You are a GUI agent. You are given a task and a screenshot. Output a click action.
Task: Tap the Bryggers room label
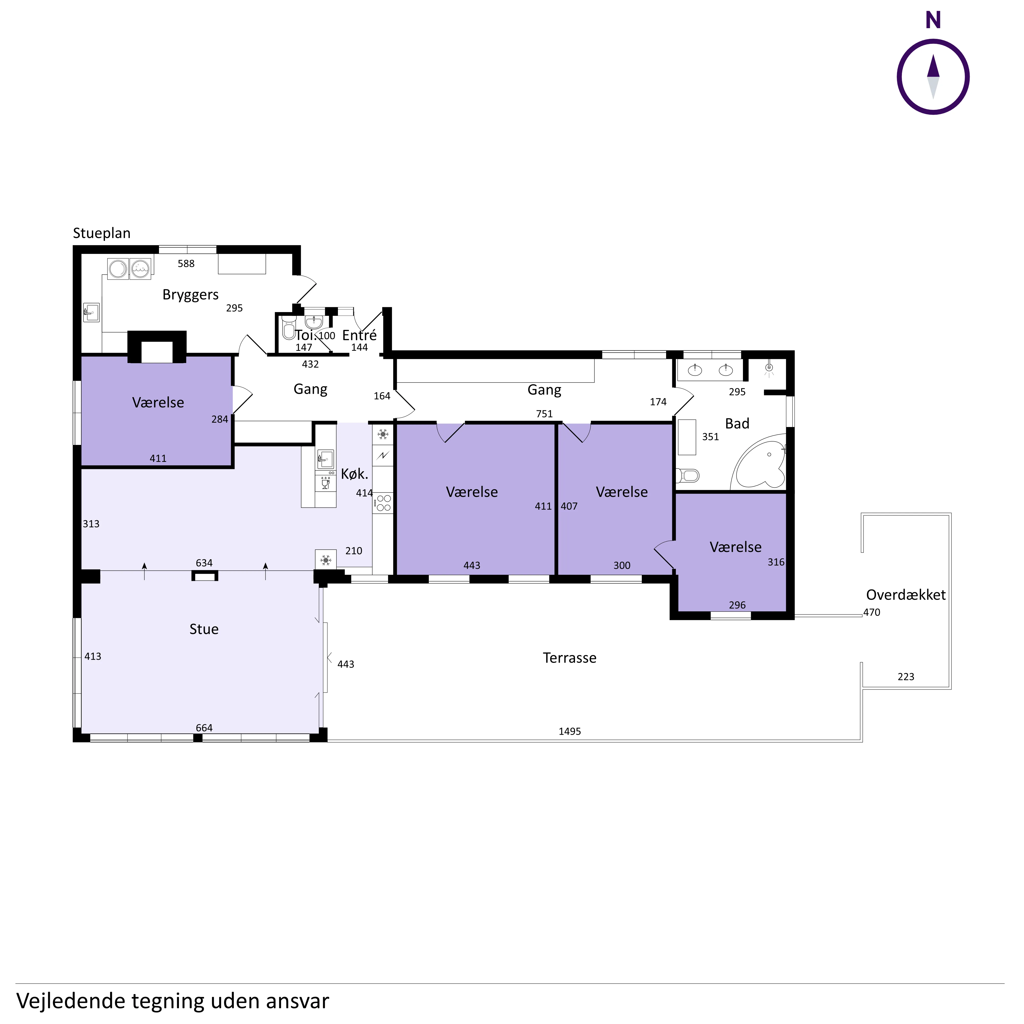point(190,295)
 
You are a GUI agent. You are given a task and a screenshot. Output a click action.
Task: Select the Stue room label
point(204,629)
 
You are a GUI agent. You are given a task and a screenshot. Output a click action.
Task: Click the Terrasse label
point(570,658)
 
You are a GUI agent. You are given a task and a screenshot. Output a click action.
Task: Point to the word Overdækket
point(906,595)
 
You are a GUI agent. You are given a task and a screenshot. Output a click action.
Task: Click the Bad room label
point(737,423)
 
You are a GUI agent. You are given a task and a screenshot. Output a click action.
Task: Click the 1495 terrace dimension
point(570,731)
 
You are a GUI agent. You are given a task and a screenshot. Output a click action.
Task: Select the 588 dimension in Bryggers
point(186,263)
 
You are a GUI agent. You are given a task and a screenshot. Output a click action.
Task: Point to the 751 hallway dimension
point(544,414)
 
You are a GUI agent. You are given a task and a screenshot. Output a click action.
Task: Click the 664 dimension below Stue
point(204,728)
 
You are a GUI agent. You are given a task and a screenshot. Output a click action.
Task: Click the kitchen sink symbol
point(325,458)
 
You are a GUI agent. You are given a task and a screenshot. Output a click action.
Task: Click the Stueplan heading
point(102,233)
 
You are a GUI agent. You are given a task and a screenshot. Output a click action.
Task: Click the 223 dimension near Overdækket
point(906,677)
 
